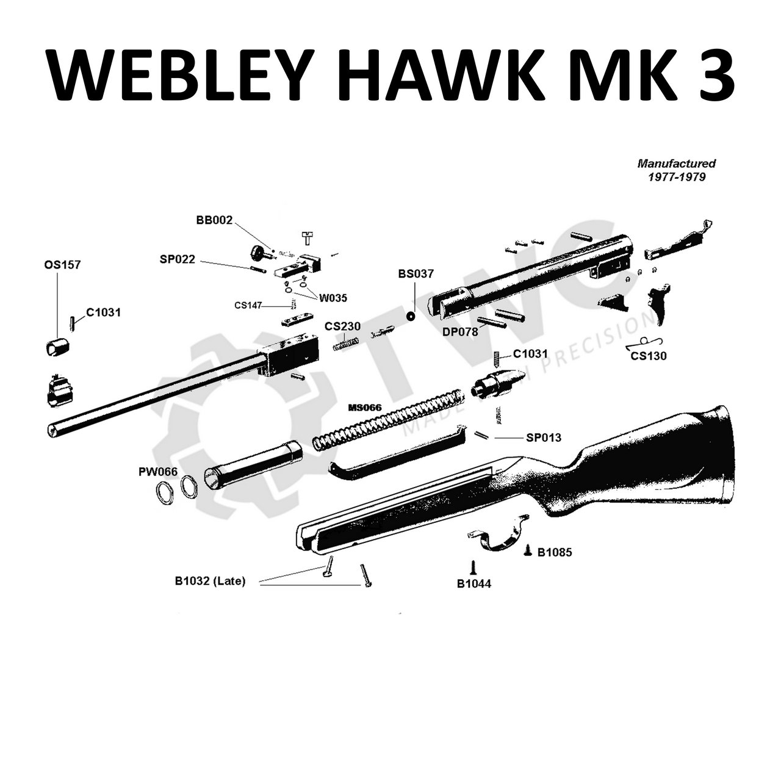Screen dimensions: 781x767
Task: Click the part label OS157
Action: [x=62, y=265]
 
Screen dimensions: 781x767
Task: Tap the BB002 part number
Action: [x=214, y=220]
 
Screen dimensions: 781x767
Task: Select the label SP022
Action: [x=178, y=259]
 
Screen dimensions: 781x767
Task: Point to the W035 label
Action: [x=333, y=298]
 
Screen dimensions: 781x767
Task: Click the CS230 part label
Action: [x=342, y=326]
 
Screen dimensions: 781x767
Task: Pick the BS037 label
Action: [x=416, y=274]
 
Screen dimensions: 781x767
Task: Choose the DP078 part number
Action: [x=460, y=332]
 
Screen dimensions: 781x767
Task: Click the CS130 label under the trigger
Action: [x=649, y=356]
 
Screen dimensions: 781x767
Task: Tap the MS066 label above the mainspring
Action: [x=365, y=408]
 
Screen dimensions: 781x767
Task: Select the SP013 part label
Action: [x=544, y=438]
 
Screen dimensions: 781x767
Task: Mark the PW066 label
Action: [x=157, y=472]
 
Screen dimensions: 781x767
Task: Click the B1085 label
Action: [x=555, y=552]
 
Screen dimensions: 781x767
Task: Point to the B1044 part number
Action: [x=474, y=584]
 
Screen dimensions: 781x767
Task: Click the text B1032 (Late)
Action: [x=210, y=582]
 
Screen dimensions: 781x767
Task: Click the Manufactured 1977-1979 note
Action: [x=676, y=170]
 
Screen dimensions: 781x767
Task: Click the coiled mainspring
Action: [x=388, y=422]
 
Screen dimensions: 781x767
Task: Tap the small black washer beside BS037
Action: [x=411, y=315]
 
